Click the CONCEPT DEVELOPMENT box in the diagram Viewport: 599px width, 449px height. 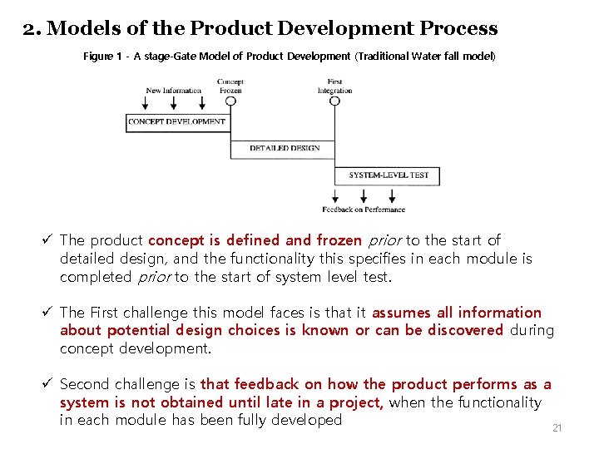pos(176,121)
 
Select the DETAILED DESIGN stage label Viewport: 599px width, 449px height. pos(285,148)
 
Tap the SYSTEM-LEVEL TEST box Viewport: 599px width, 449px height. pos(389,175)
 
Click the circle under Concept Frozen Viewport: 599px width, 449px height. pos(230,101)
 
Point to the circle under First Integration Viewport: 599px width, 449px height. pos(334,101)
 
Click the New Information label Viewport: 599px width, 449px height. pos(174,91)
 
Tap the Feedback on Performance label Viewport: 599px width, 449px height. pos(364,210)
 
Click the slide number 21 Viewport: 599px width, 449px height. pos(557,428)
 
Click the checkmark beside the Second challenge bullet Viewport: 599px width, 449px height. pos(47,384)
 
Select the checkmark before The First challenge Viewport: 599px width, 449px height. pos(47,313)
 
